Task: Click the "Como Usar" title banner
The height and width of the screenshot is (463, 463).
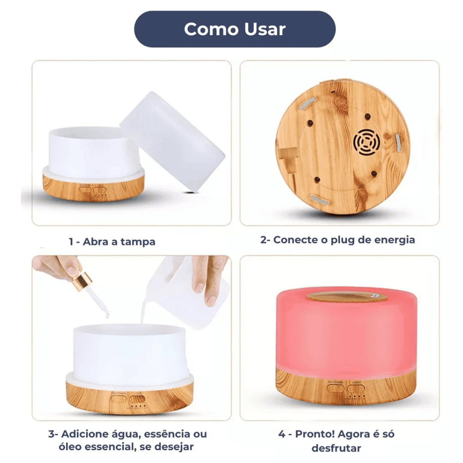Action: pyautogui.click(x=235, y=29)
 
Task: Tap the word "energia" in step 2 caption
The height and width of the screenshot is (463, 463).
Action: pyautogui.click(x=394, y=240)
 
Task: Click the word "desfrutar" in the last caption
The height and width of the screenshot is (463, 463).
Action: pyautogui.click(x=336, y=448)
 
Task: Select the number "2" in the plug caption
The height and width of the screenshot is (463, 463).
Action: pyautogui.click(x=263, y=240)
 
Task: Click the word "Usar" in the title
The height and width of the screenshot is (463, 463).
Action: pyautogui.click(x=265, y=29)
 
